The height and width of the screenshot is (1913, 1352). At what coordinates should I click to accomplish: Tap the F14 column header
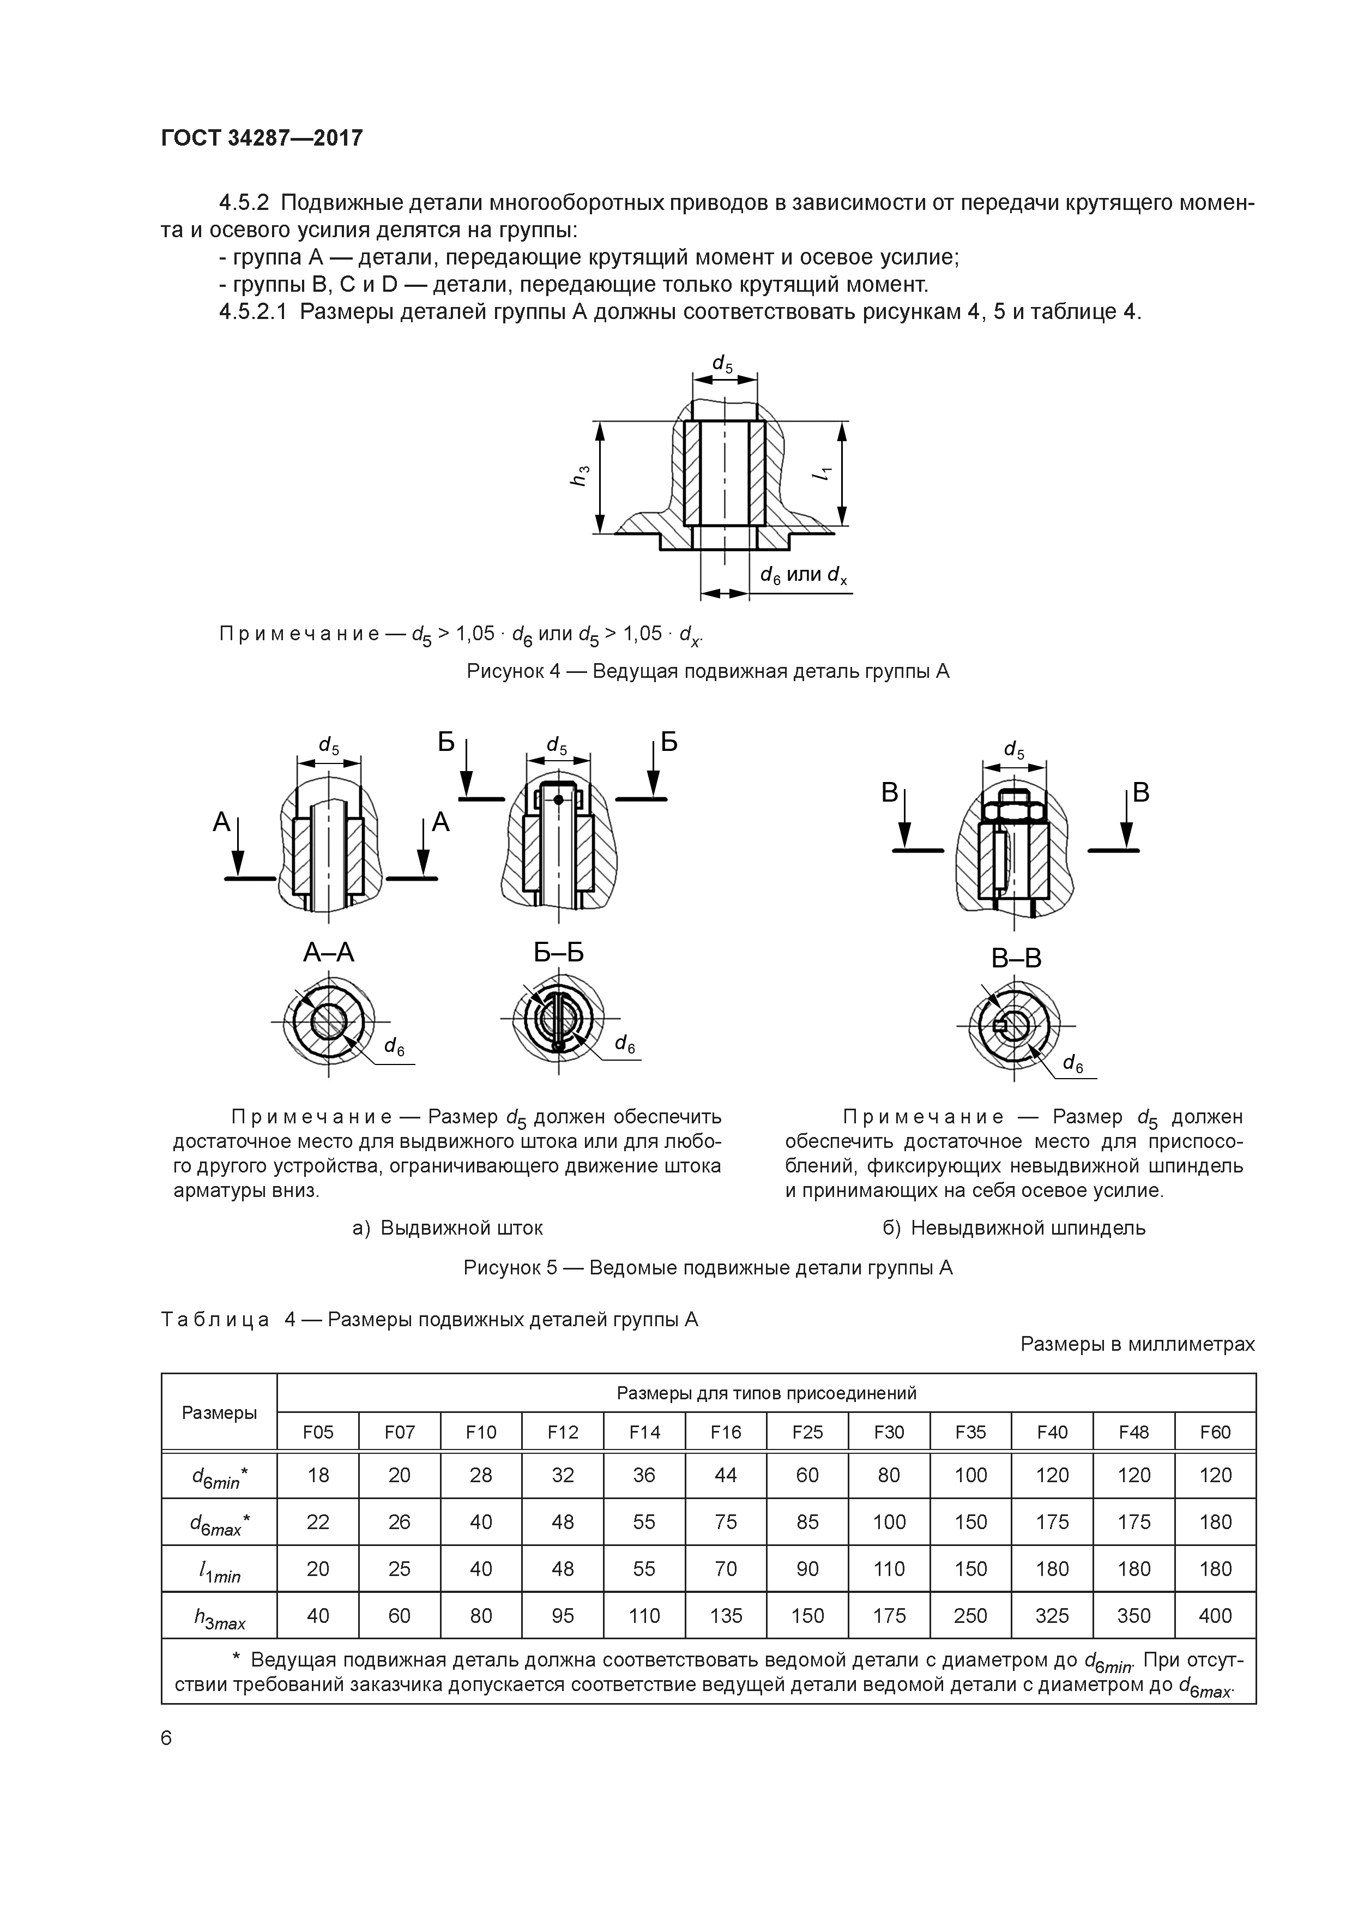(644, 1431)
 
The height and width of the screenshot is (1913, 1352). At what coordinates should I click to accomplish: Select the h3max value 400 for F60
(1215, 1616)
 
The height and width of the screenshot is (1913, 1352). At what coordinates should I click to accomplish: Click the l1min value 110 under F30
(888, 1569)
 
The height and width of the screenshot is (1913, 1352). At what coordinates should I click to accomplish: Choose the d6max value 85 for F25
(807, 1522)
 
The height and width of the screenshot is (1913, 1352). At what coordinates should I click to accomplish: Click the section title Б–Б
(558, 952)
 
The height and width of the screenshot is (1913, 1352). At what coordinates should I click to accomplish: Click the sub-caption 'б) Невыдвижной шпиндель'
(1014, 1228)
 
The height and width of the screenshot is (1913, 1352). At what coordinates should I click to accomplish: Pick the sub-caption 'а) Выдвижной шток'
(448, 1228)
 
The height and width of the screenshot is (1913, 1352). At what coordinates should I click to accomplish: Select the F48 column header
(1133, 1431)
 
